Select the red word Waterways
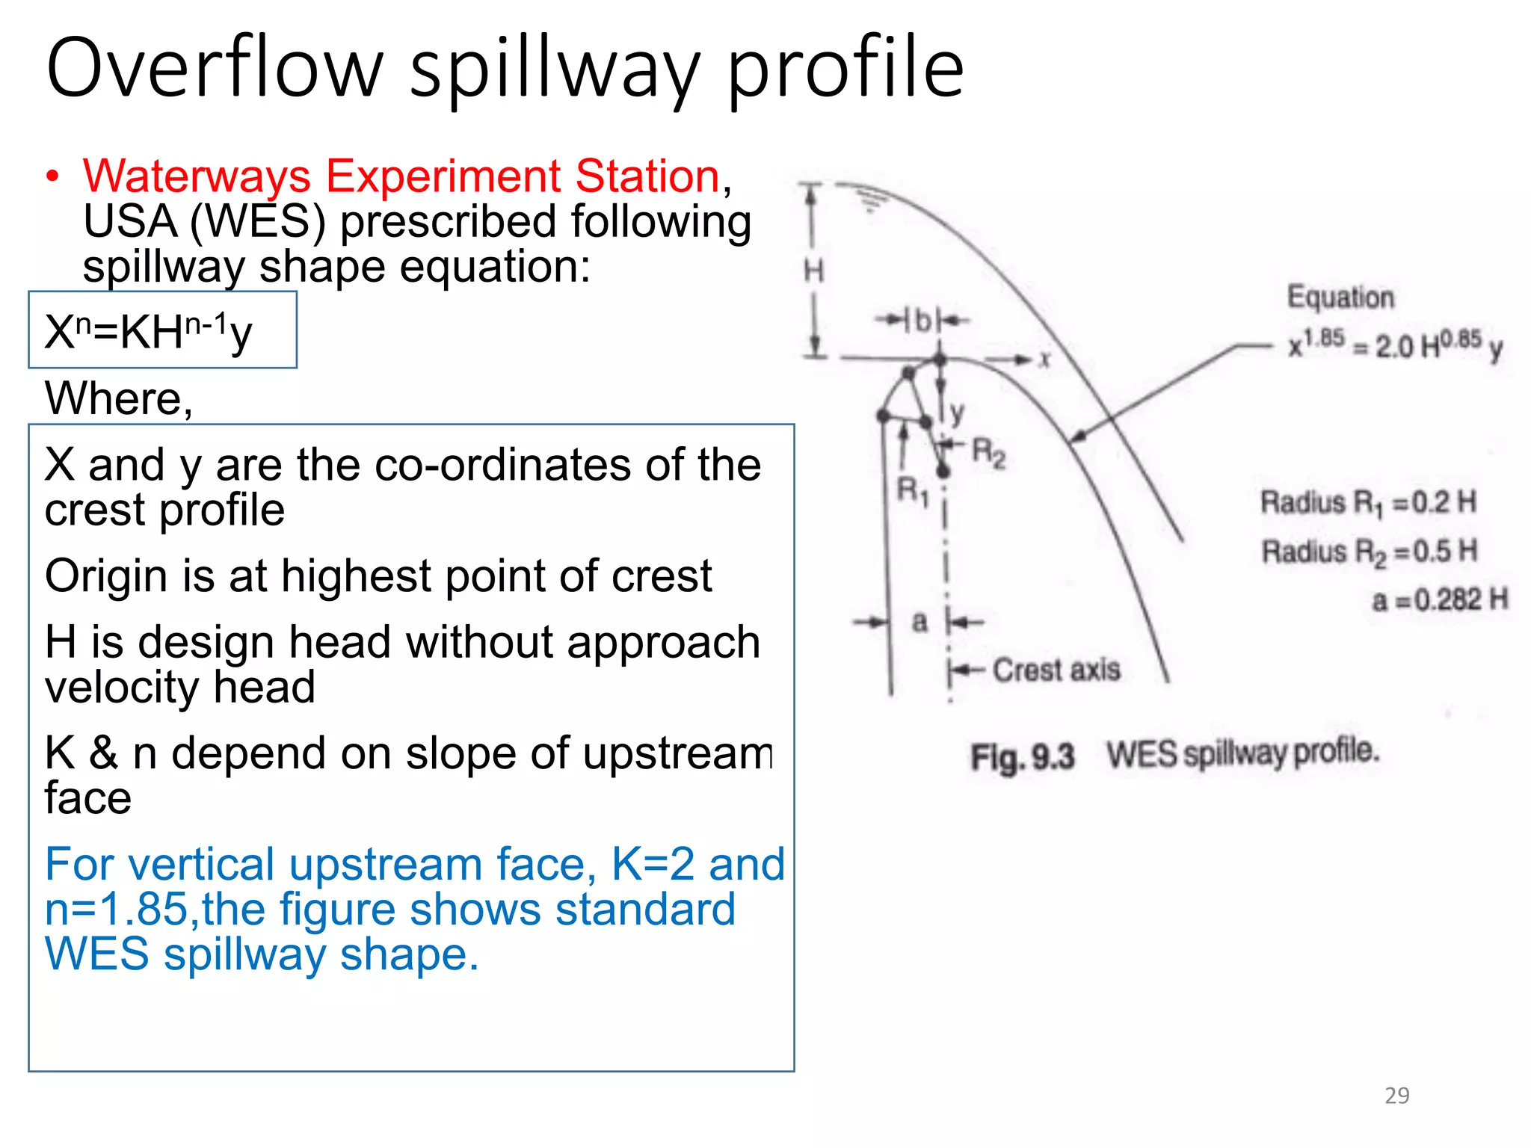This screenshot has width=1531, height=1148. click(x=197, y=176)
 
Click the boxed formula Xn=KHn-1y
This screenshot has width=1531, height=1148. click(x=149, y=332)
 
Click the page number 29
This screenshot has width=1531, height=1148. click(x=1396, y=1096)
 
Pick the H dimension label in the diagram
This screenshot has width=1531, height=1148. click(x=813, y=271)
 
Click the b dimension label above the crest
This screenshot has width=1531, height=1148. click(x=923, y=321)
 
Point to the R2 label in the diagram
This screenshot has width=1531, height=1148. click(x=988, y=452)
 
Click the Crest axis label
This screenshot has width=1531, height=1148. click(x=1056, y=670)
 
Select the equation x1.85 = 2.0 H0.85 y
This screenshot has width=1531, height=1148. click(x=1395, y=345)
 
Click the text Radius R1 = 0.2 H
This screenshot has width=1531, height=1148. click(x=1368, y=502)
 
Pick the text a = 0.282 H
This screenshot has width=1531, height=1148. click(x=1439, y=599)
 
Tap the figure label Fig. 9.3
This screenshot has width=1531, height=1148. click(x=1022, y=756)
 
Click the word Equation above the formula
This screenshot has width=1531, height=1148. click(x=1340, y=297)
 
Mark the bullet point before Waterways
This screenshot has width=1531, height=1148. click(x=52, y=178)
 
